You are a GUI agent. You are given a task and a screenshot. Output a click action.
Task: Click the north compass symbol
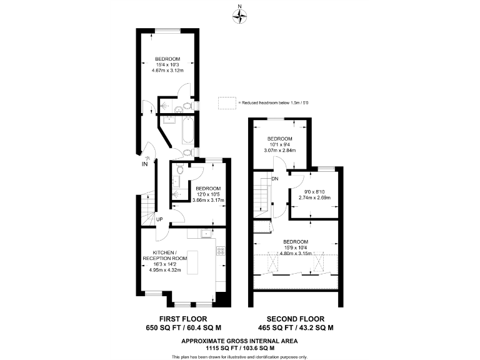click(x=239, y=16)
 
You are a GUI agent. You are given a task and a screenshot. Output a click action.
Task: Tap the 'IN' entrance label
click(x=144, y=165)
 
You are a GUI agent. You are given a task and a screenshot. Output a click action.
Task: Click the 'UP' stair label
click(x=159, y=219)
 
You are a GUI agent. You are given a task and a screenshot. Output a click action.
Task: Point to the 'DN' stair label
click(x=274, y=180)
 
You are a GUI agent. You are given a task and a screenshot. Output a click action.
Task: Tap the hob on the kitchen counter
click(x=220, y=251)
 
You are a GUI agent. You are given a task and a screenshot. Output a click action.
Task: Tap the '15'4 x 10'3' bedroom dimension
click(x=167, y=64)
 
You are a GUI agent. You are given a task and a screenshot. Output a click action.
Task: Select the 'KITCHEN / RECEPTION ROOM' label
click(x=165, y=255)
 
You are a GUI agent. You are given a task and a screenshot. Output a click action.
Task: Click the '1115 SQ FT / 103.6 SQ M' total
click(x=239, y=348)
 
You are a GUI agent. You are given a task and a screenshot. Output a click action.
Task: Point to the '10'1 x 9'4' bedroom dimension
click(x=279, y=144)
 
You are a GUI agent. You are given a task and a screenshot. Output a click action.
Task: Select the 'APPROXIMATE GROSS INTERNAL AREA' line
click(x=239, y=341)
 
